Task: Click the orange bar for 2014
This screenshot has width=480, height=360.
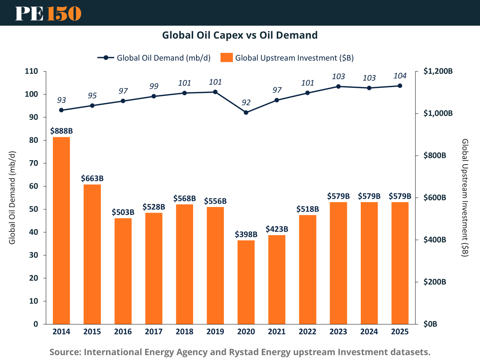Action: coord(61,230)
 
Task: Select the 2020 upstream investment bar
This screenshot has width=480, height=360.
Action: coord(246,282)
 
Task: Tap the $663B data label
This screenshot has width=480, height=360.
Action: coord(92,178)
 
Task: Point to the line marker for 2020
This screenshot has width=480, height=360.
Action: coord(246,112)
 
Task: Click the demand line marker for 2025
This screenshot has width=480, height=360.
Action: coord(400,86)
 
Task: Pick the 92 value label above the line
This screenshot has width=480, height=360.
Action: coord(246,103)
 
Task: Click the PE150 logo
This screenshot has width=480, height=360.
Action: coord(48,13)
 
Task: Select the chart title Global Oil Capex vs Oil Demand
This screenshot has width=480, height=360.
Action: coord(240,35)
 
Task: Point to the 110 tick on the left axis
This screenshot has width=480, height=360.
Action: coord(31,71)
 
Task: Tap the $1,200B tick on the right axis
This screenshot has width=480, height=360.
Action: coord(438,71)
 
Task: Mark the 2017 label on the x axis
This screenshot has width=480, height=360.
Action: coord(154,331)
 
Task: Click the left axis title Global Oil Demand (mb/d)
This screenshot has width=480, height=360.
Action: coord(12,198)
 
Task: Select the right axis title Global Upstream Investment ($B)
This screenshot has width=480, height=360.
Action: coord(465,198)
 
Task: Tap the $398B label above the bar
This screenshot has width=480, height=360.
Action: coord(246,234)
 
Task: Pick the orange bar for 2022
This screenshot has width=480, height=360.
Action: coord(307,269)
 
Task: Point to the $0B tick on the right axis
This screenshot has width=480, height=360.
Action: coord(430,324)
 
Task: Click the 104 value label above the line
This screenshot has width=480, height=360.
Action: coord(400,76)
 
